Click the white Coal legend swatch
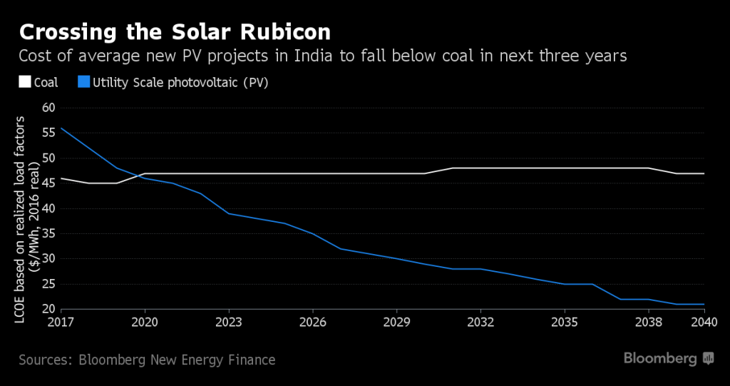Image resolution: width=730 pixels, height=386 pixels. [x=25, y=83]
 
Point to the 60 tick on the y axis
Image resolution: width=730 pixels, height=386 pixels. [x=48, y=108]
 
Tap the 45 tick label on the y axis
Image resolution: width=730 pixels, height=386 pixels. [x=48, y=184]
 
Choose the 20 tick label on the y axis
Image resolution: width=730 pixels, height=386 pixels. [x=48, y=309]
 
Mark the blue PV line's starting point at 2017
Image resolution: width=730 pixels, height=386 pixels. [x=62, y=128]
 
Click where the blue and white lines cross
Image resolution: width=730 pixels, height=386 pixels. [x=140, y=176]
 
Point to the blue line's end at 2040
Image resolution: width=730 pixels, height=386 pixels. [x=704, y=304]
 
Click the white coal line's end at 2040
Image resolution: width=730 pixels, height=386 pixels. [x=704, y=173]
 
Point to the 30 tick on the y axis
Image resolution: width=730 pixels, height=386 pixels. [x=48, y=259]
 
